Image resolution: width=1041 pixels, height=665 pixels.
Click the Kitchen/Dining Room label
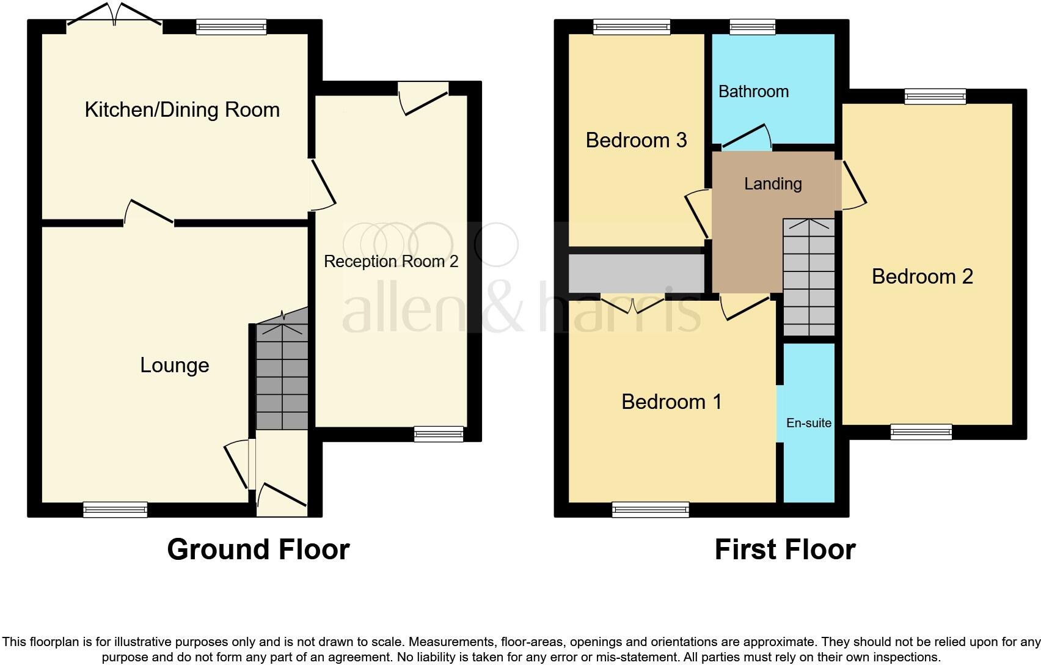[x=182, y=110]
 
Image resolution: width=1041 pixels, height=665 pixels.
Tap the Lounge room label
[x=175, y=366]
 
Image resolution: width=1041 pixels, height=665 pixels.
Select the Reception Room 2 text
[x=390, y=262]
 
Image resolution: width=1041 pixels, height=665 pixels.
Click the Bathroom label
[x=753, y=92]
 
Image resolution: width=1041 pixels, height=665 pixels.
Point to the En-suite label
[x=808, y=423]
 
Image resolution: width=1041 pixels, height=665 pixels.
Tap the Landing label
[x=773, y=184]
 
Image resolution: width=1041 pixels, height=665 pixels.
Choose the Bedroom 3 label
[x=636, y=141]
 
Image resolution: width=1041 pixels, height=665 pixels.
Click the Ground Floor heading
[x=258, y=549]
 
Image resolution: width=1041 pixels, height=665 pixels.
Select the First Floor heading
[x=784, y=549]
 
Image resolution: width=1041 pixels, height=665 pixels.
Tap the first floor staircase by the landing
[x=808, y=278]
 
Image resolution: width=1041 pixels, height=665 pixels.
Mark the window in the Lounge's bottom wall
[x=115, y=509]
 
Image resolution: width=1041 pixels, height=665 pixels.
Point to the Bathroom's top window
[x=753, y=26]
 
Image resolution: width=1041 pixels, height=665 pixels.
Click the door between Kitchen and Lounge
[x=149, y=213]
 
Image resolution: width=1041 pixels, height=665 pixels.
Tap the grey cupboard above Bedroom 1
[x=636, y=273]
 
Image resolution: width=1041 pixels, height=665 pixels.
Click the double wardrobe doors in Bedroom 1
[x=633, y=304]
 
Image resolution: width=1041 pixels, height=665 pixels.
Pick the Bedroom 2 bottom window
[x=921, y=432]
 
